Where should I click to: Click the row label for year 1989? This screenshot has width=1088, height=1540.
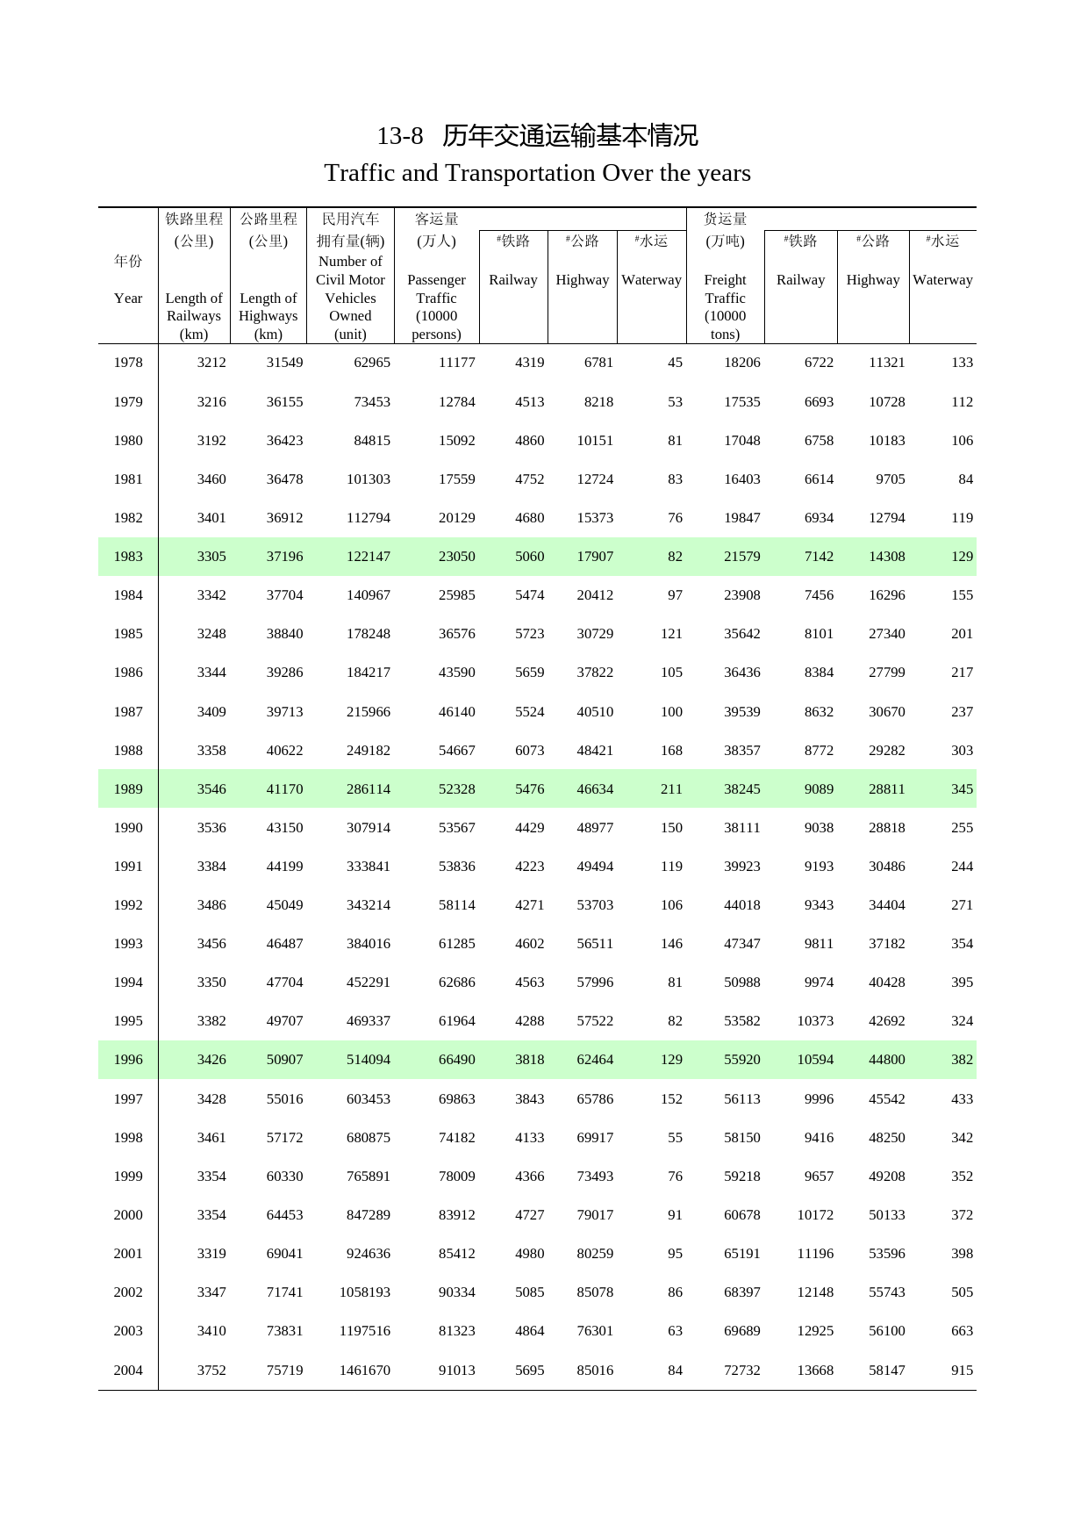(128, 789)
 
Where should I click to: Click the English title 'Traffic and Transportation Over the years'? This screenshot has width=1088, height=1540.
(537, 173)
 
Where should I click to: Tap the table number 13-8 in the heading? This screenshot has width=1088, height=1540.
(399, 136)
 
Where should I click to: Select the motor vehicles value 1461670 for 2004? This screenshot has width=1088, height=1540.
(364, 1371)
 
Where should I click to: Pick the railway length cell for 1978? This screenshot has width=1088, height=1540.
(211, 363)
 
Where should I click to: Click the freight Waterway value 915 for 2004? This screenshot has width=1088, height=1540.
(962, 1371)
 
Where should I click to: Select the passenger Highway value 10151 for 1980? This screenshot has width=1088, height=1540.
(595, 441)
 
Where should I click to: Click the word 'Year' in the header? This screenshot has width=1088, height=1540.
(128, 299)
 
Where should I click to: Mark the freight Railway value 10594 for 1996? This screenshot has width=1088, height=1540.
(815, 1060)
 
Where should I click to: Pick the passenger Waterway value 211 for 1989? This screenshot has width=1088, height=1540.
(671, 789)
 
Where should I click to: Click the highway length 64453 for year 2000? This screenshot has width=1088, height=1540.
(284, 1215)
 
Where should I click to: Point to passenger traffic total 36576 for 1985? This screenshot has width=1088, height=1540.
(456, 634)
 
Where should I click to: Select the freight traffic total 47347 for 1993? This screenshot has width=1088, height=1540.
(741, 944)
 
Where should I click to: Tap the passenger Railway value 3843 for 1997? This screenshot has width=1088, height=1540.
(529, 1099)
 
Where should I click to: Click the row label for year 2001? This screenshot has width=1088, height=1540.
(128, 1254)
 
